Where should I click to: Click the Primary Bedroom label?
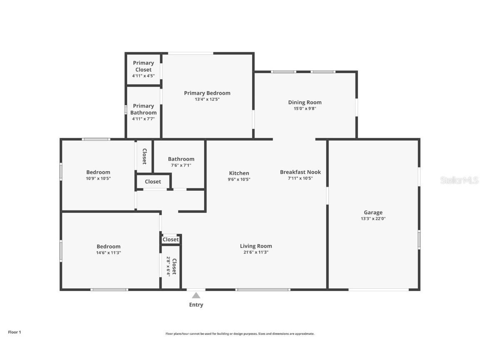click(207, 93)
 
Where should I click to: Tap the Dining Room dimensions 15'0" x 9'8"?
click(305, 109)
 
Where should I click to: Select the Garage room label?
click(373, 212)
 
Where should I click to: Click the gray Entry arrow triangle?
click(196, 295)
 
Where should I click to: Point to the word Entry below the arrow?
click(196, 305)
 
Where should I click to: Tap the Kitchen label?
click(239, 173)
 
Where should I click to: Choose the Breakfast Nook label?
click(300, 172)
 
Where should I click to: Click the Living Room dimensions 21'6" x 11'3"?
click(256, 252)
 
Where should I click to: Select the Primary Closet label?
click(143, 66)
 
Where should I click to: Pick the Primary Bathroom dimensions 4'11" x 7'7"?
click(143, 119)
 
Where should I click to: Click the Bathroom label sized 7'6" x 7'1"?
click(181, 159)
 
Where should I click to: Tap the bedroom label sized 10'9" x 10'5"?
click(98, 172)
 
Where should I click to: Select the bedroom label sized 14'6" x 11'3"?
click(108, 246)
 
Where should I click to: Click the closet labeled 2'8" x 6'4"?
click(172, 266)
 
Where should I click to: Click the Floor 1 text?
click(14, 332)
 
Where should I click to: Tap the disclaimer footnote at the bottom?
click(240, 334)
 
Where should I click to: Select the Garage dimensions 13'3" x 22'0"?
click(373, 219)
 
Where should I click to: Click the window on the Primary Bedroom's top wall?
click(191, 53)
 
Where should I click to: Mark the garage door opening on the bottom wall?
click(378, 289)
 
